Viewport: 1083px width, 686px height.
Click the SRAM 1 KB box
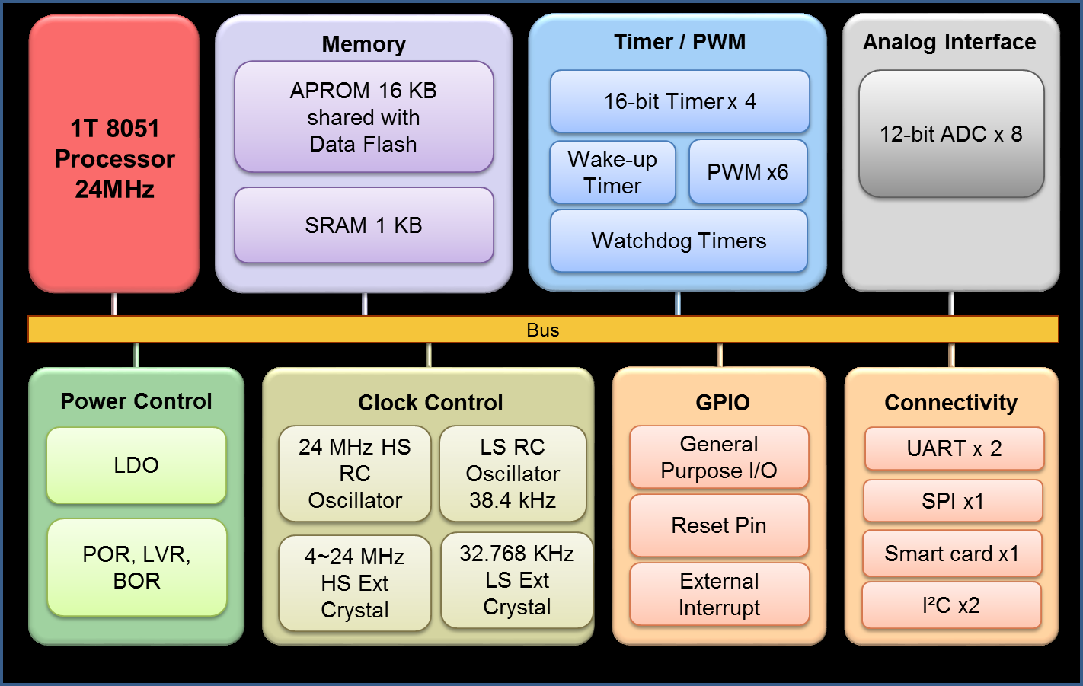[364, 225]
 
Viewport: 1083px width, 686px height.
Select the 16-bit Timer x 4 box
[679, 101]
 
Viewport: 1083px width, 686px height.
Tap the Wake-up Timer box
[612, 173]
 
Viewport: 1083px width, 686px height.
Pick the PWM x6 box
[748, 172]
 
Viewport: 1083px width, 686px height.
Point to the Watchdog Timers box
[679, 241]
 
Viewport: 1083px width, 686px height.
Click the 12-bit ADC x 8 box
[951, 134]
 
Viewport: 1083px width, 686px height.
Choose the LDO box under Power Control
[136, 465]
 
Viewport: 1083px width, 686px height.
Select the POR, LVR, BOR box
[137, 567]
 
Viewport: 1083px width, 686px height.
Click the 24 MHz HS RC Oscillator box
[355, 474]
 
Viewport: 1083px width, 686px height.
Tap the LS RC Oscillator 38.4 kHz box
[513, 474]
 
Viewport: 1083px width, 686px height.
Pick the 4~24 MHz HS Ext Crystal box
[355, 583]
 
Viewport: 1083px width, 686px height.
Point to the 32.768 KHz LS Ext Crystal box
[517, 580]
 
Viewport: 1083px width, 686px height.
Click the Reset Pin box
[719, 525]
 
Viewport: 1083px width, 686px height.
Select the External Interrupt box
[719, 594]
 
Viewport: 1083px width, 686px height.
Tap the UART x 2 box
[954, 448]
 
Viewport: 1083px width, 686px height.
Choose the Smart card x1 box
[952, 554]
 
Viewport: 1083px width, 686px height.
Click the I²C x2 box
[951, 605]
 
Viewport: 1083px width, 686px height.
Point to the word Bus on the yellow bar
[543, 330]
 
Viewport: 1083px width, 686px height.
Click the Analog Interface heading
[950, 42]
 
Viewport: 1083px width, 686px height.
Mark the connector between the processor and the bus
[114, 304]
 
